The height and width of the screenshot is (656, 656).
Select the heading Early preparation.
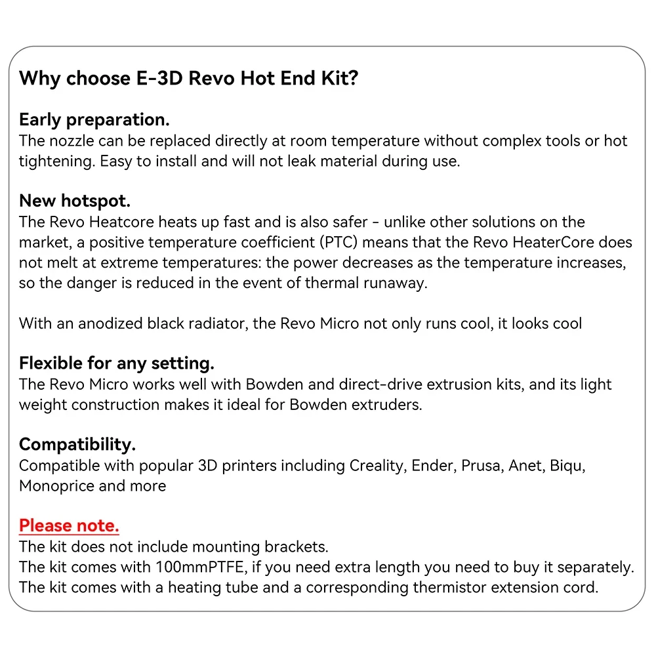[x=94, y=120]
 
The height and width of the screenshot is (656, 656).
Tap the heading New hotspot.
[x=75, y=201]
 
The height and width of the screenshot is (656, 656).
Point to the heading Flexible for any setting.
[x=117, y=363]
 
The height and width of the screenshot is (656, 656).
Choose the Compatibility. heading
[x=77, y=445]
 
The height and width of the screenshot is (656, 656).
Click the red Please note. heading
[x=69, y=525]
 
